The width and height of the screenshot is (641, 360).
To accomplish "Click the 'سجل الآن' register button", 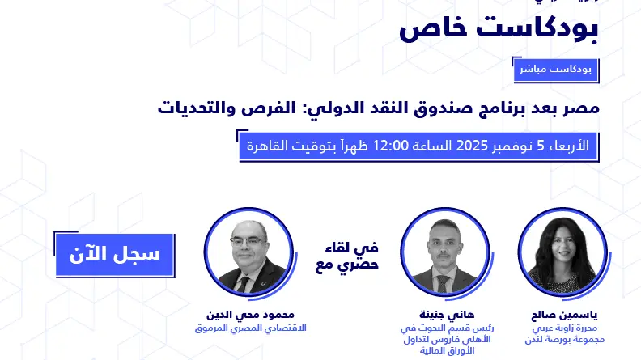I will point(108,254).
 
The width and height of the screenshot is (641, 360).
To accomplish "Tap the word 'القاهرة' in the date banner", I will point(270,146).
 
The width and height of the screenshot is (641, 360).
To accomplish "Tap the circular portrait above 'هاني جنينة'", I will point(440,255).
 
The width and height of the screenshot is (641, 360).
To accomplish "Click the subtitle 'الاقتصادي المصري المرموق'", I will point(248,328).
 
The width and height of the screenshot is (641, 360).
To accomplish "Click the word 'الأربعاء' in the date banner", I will point(571,146).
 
